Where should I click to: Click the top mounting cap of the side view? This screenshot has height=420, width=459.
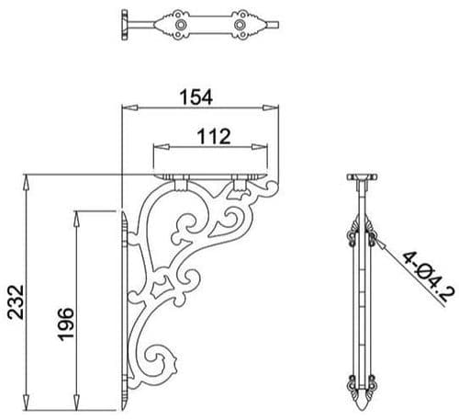[x=365, y=174]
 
